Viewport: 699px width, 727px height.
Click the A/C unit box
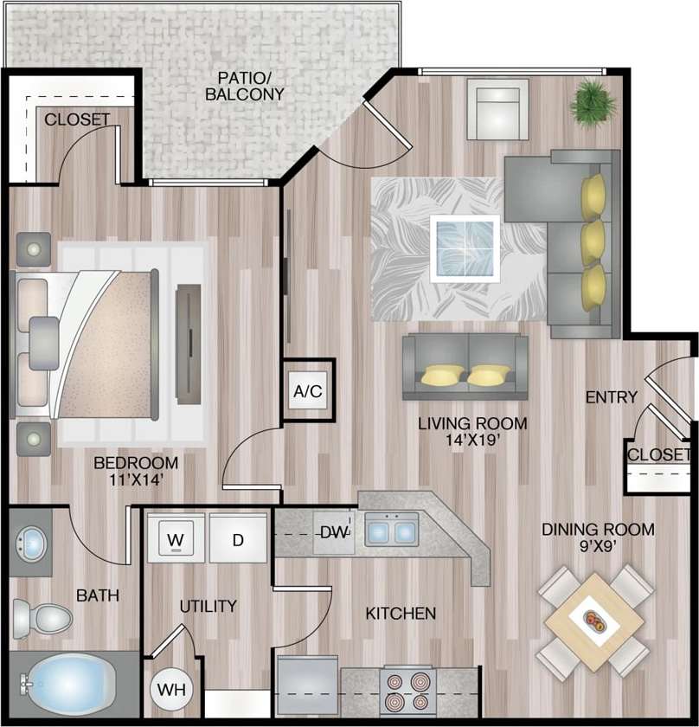(x=307, y=391)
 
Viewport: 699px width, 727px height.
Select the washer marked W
(x=176, y=540)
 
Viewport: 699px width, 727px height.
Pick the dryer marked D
(x=237, y=540)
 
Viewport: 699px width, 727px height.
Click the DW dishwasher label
(x=333, y=533)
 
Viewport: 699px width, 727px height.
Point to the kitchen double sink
(x=391, y=528)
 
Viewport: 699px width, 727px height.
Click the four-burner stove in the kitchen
(x=408, y=692)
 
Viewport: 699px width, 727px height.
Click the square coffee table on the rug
(x=465, y=248)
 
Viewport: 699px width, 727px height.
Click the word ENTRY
(x=611, y=397)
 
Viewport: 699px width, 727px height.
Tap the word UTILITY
(x=208, y=606)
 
